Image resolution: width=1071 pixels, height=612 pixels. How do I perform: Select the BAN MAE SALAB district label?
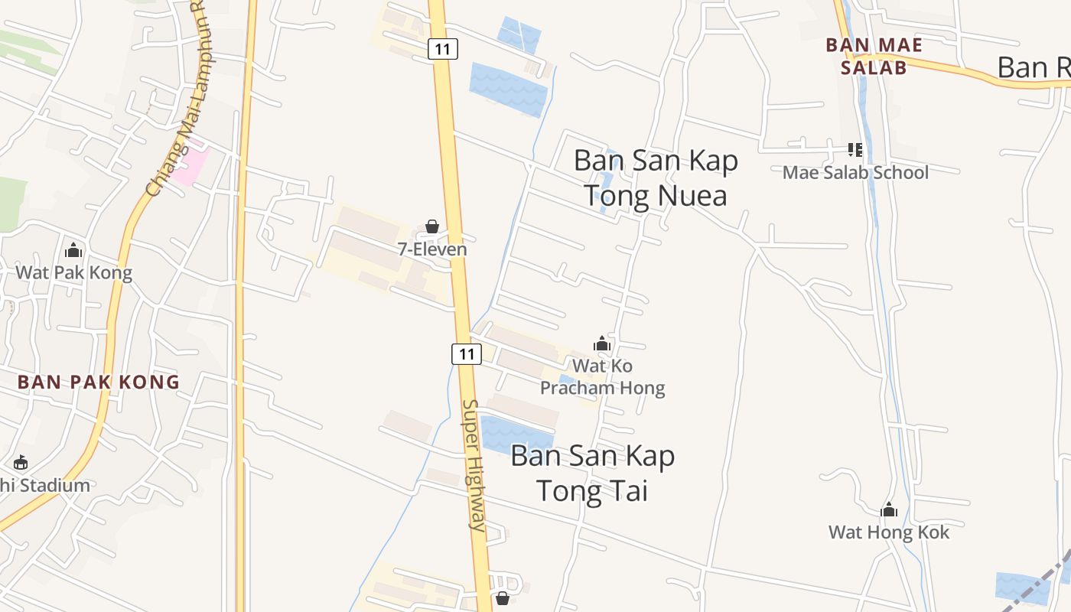[874, 56]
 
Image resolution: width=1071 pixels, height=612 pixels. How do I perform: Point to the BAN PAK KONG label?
[99, 382]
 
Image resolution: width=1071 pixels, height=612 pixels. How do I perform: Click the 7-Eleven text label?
[432, 249]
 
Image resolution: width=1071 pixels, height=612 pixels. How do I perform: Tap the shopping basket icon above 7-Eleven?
[432, 226]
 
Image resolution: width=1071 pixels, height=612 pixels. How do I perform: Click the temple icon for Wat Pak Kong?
[73, 250]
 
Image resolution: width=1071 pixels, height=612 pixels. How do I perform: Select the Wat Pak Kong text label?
[73, 272]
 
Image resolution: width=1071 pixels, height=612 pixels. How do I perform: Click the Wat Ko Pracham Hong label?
[603, 377]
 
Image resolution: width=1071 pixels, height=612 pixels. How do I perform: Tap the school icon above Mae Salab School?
[855, 150]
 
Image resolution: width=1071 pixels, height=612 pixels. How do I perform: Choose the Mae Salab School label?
[855, 172]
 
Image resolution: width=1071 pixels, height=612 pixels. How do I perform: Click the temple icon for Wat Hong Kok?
[889, 509]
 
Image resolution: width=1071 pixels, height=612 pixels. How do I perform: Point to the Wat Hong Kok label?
[889, 532]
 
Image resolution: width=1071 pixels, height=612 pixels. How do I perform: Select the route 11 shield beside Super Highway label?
[466, 353]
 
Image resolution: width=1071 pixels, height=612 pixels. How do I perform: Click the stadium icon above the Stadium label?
[21, 463]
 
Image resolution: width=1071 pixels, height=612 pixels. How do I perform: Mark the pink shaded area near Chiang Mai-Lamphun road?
[189, 165]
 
